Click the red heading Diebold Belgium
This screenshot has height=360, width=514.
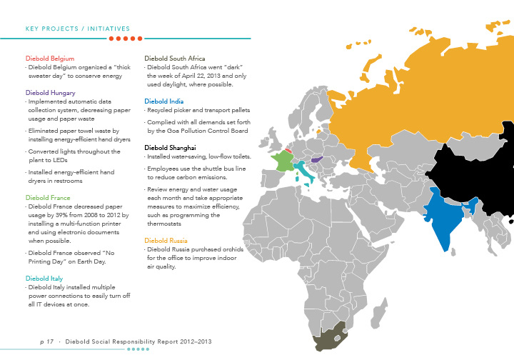50,58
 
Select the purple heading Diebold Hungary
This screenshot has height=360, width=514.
51,93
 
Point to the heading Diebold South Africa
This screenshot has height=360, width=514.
175,58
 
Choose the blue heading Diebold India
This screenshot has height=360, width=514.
164,101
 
